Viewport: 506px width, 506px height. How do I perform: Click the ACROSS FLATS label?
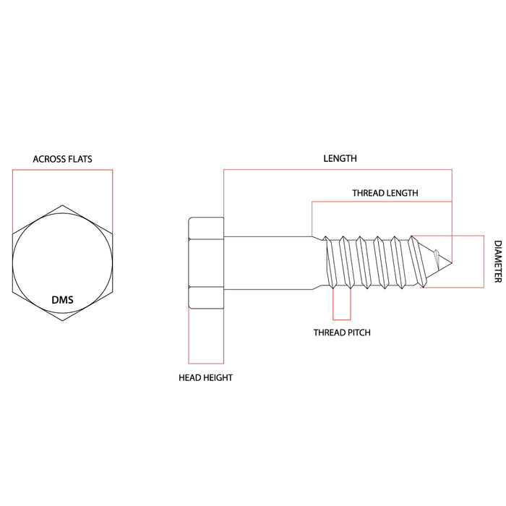coord(62,159)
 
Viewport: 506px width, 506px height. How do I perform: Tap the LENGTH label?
coord(340,158)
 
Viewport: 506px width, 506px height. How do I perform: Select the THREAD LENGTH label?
coord(385,193)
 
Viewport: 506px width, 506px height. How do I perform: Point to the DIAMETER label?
coord(497,262)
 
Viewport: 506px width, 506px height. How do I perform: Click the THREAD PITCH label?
coord(342,333)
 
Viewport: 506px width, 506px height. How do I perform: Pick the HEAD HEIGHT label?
coord(206,377)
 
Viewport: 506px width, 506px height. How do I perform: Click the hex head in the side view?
coord(206,262)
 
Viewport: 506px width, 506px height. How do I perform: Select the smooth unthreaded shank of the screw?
coord(267,262)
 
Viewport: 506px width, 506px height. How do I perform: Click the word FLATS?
coord(79,159)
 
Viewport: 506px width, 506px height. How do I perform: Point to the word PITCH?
coord(357,333)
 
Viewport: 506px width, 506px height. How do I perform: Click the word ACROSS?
coord(48,159)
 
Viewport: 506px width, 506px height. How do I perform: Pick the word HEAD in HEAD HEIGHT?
coord(189,377)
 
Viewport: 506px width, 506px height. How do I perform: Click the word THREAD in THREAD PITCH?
coord(327,333)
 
